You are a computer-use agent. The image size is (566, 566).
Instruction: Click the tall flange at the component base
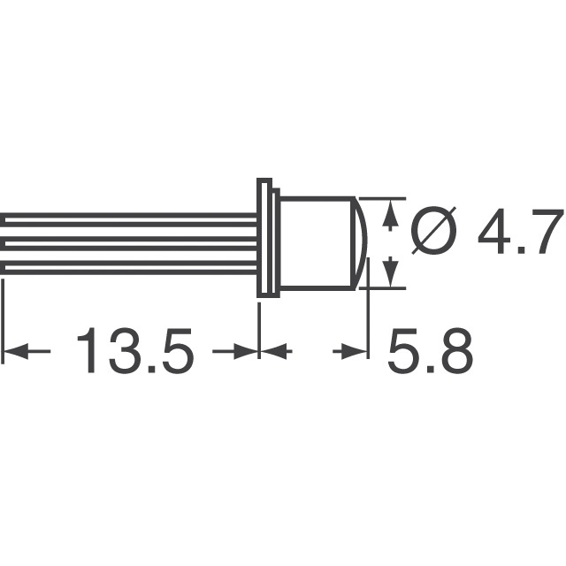click(263, 239)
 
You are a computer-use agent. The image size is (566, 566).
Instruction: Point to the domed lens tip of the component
click(365, 241)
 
